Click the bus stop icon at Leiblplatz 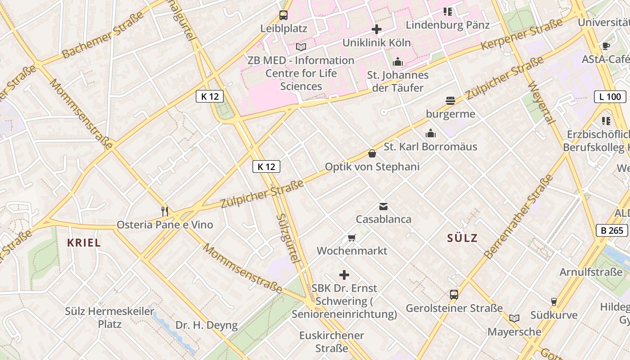283,15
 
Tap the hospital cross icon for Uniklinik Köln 377,30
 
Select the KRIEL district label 84,243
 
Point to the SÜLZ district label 462,238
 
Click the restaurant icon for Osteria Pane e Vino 165,211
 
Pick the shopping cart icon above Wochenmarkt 351,237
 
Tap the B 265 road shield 612,230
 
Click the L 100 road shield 610,96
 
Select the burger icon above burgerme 450,100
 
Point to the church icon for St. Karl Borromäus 431,133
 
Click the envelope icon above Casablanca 383,207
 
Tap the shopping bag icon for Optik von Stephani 372,153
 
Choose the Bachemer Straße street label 103,35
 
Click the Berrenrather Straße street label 519,216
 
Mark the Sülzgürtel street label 288,238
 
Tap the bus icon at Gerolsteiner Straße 454,295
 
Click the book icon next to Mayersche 514,318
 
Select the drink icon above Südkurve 554,301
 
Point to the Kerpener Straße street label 522,35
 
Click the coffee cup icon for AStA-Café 606,46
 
